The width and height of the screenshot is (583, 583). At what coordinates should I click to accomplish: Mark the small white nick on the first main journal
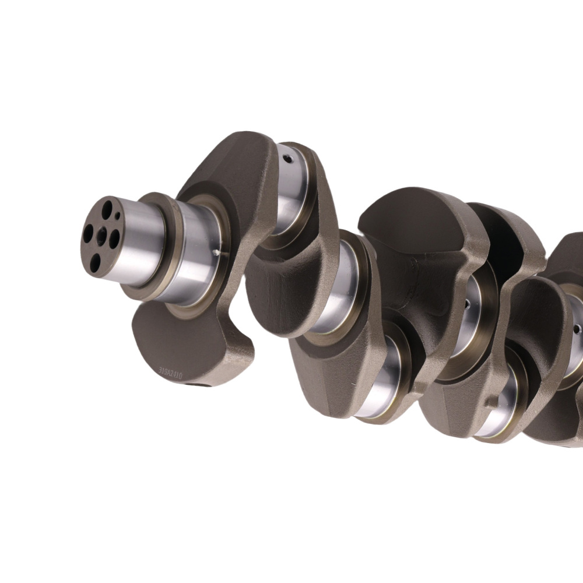pyautogui.click(x=217, y=253)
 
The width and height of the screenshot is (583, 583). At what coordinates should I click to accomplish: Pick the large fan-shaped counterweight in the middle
pyautogui.click(x=414, y=233)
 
